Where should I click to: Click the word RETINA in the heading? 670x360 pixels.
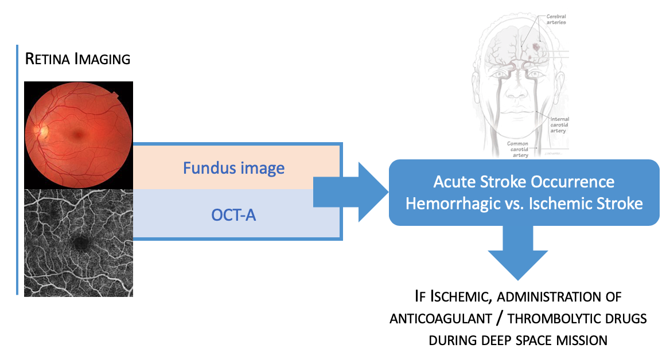coord(48,59)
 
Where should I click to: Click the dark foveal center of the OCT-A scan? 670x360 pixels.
coord(81,242)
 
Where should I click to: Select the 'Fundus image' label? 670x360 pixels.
coord(233,168)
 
